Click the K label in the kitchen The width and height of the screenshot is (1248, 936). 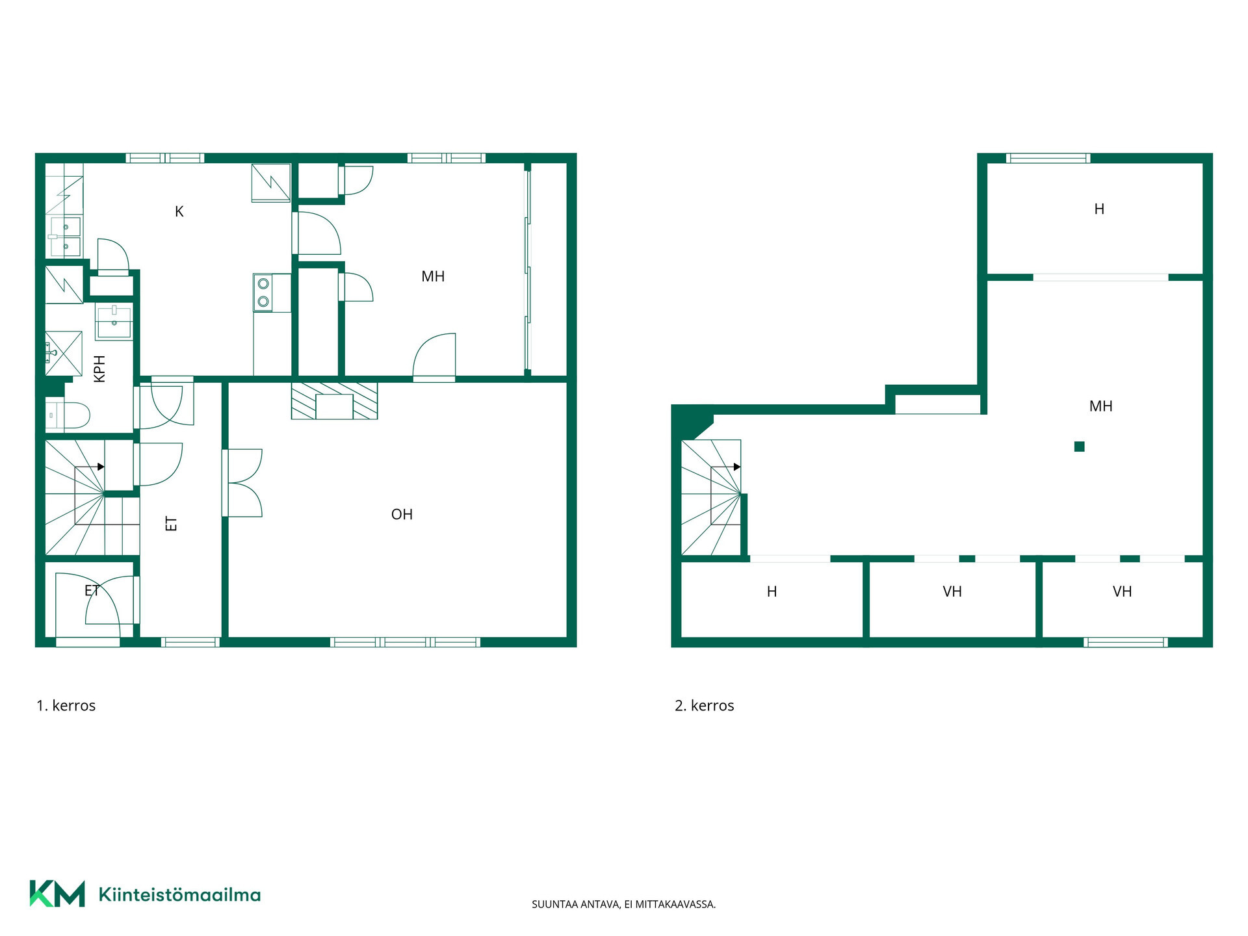tap(179, 211)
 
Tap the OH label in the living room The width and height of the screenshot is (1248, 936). tap(402, 514)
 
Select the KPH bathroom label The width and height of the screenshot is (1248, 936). tap(99, 369)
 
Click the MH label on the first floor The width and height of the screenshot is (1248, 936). tap(433, 276)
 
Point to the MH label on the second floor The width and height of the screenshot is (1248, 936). tap(1100, 406)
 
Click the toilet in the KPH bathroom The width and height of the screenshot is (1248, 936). tap(68, 415)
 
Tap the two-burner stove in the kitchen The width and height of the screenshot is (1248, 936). tap(263, 292)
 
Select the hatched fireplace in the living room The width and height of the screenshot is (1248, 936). tap(334, 400)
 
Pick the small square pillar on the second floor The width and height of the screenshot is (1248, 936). tap(1079, 447)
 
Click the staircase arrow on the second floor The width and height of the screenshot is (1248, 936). tap(737, 467)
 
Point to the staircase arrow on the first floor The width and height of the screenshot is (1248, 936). tap(101, 467)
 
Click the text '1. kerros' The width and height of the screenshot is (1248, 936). tap(66, 706)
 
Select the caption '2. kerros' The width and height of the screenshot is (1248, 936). tap(705, 706)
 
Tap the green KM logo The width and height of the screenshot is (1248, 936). tap(57, 894)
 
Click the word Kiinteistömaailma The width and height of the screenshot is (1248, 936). tap(179, 894)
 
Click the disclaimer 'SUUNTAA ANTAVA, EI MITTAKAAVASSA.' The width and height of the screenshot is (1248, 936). tap(623, 904)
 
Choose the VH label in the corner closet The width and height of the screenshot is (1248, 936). tap(1123, 591)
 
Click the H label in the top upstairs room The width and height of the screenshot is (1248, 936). tap(1099, 209)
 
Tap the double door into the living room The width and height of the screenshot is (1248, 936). tap(242, 483)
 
